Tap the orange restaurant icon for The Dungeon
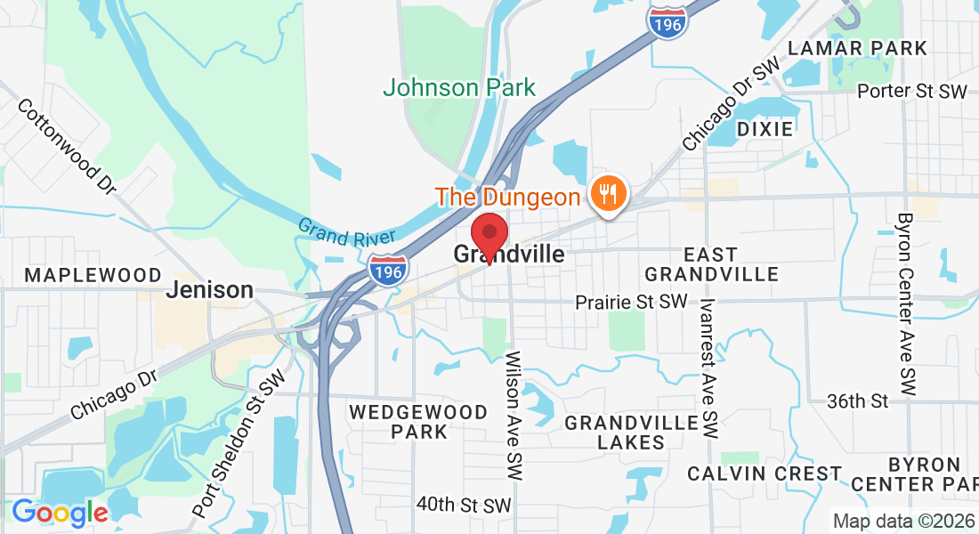[x=610, y=192]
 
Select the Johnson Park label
[x=459, y=87]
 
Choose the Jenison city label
[x=210, y=290]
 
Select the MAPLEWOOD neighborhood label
[x=93, y=275]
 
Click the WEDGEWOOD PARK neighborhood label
[x=418, y=422]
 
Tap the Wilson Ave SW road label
[x=514, y=417]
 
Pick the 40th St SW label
[x=465, y=505]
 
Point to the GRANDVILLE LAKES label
[x=631, y=432]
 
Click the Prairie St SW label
[x=631, y=303]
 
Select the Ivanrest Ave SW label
[x=708, y=368]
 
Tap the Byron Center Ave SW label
[x=906, y=304]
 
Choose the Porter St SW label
[x=911, y=91]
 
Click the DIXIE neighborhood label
[x=765, y=129]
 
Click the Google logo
[x=60, y=513]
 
